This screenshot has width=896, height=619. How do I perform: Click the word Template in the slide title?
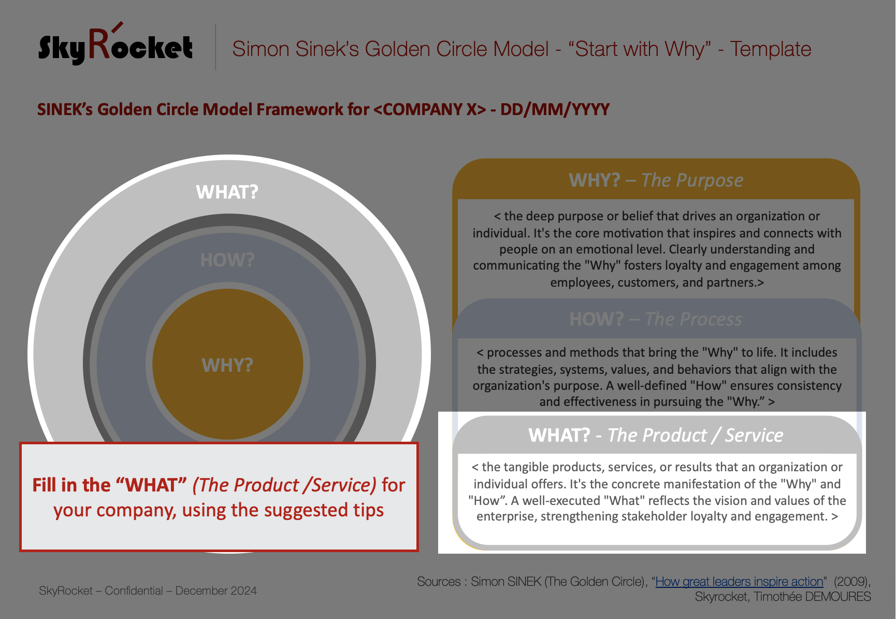point(771,49)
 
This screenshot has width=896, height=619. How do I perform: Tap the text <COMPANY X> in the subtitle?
point(430,109)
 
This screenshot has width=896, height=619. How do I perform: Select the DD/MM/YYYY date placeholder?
point(555,109)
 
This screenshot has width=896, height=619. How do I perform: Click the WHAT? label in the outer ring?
point(227,192)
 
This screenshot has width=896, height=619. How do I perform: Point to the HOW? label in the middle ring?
point(227,260)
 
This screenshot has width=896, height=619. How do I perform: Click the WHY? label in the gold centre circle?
point(227,365)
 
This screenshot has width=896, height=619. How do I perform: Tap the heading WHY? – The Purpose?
point(656,180)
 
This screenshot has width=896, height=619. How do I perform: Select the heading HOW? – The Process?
point(656,319)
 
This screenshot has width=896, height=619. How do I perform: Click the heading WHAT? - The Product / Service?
point(656,435)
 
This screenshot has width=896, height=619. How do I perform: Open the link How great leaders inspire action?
point(739,582)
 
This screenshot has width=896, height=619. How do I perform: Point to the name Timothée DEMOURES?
point(812,597)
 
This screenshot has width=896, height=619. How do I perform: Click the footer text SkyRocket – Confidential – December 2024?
point(148,590)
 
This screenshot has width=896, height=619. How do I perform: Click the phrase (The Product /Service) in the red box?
point(284,485)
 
